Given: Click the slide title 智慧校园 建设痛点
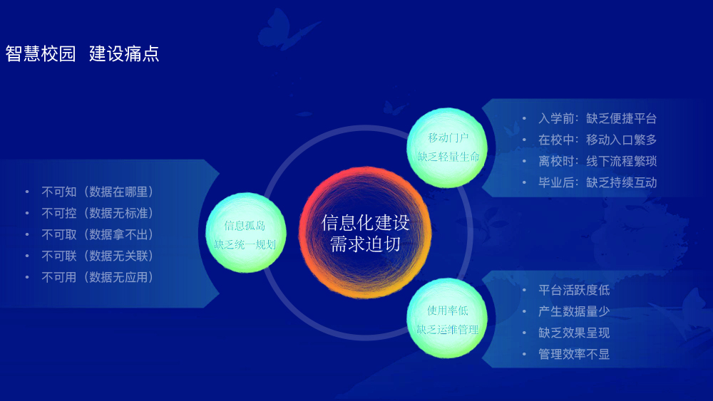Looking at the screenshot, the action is (82, 53).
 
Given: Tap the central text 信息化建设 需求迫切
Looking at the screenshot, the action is (366, 234).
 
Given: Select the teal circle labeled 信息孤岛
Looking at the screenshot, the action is (245, 232).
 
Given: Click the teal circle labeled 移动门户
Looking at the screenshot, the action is (447, 147).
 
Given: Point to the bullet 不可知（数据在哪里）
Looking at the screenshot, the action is (97, 192).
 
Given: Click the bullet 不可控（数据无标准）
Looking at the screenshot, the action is (97, 213).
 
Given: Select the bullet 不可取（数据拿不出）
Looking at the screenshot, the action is (97, 234).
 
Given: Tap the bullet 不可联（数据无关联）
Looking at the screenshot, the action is (97, 256).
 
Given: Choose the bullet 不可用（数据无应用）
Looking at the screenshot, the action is (97, 277).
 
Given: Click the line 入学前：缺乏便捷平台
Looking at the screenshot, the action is (597, 118).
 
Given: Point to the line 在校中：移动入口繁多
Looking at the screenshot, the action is (597, 140).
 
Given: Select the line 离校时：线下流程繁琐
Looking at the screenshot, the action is (597, 161).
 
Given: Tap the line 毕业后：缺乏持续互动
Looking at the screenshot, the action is (597, 182).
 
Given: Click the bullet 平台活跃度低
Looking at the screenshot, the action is (574, 290).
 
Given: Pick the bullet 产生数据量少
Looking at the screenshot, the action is (574, 311).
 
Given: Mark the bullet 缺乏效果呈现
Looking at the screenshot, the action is (574, 333).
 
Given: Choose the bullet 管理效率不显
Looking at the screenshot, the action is (574, 354).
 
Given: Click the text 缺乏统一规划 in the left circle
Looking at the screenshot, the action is (245, 245).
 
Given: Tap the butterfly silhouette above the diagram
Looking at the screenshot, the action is (286, 29).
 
